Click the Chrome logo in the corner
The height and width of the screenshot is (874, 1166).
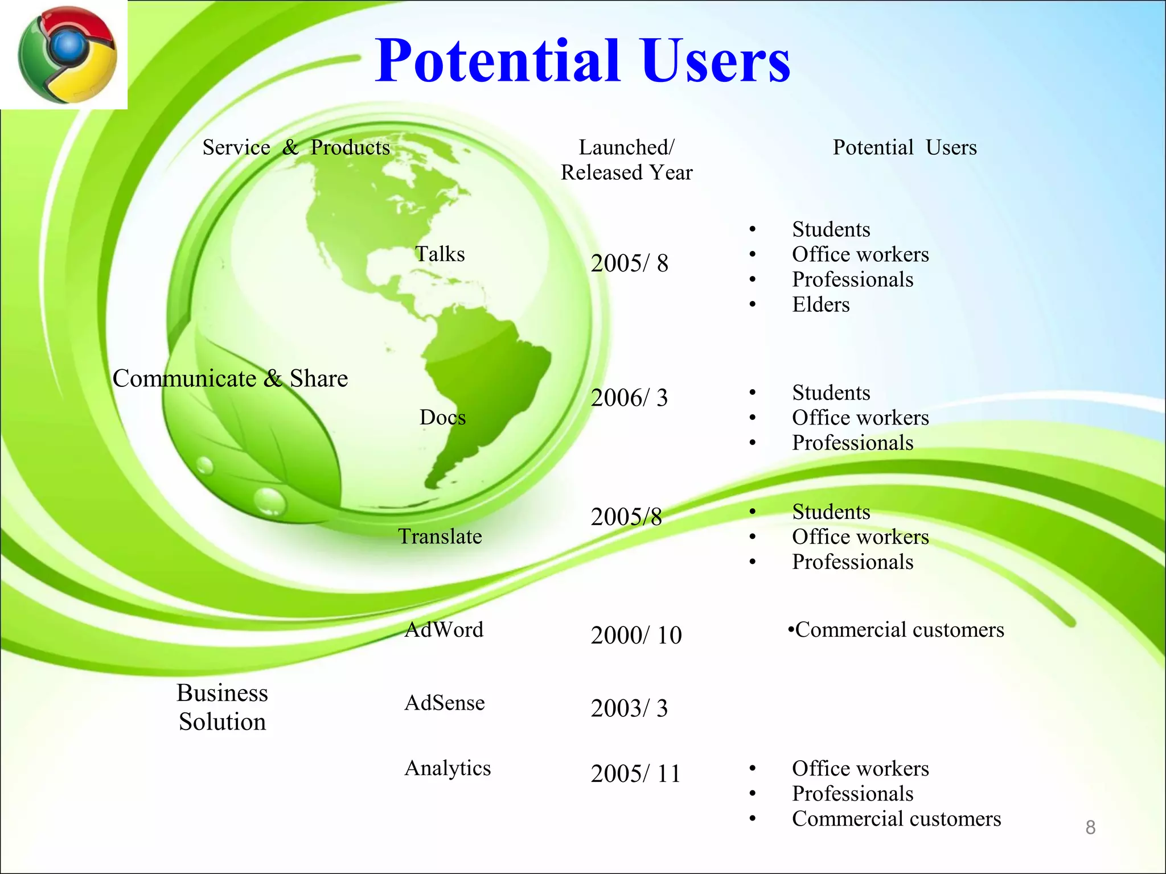click(x=67, y=55)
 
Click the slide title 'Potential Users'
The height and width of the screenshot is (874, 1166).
click(x=582, y=60)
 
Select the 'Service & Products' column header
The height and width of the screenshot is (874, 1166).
click(x=296, y=147)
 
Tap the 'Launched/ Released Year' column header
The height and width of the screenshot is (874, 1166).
click(x=626, y=160)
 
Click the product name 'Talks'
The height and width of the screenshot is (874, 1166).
click(x=440, y=254)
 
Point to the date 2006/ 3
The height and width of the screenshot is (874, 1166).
click(x=629, y=398)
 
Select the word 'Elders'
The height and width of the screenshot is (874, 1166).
click(x=820, y=304)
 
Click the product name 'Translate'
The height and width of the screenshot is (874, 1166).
click(x=440, y=536)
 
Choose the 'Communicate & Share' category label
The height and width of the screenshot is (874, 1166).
click(x=230, y=378)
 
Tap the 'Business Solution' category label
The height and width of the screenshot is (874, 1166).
click(x=222, y=707)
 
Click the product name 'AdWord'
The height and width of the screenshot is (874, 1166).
click(x=444, y=629)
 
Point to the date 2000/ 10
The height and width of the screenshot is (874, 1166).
click(x=636, y=635)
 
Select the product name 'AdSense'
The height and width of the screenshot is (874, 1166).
click(x=445, y=703)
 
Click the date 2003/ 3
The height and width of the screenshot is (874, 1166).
click(x=629, y=708)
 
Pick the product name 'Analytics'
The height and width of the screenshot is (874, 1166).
click(x=447, y=768)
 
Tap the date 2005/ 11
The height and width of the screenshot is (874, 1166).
click(x=635, y=774)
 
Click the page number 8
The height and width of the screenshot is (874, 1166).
click(x=1090, y=827)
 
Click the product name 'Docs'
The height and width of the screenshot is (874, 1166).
click(x=442, y=417)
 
